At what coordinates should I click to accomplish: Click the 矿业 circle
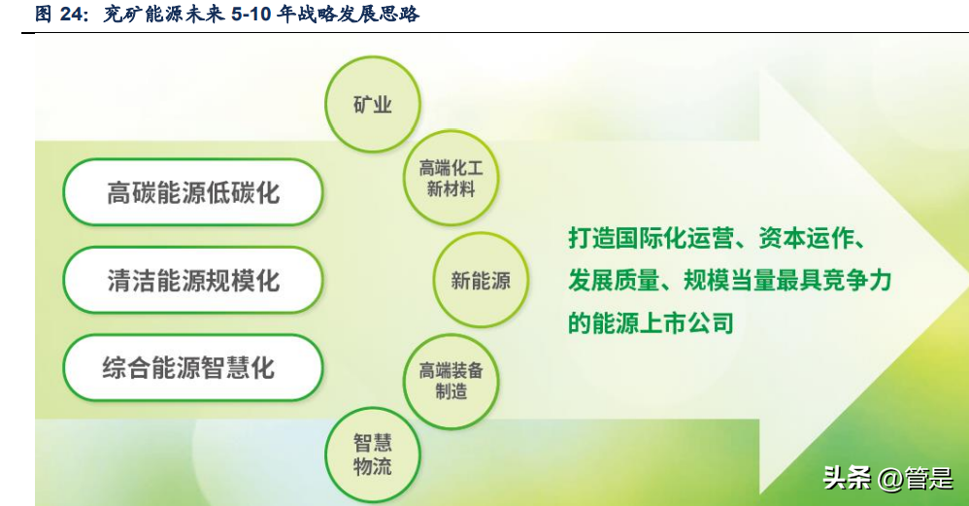click(373, 105)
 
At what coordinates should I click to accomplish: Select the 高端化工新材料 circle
click(451, 178)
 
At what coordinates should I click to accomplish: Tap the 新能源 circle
click(481, 280)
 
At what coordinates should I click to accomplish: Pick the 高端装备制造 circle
click(451, 381)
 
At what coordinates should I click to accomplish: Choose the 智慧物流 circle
click(373, 455)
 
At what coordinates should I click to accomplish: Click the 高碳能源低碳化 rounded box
click(193, 192)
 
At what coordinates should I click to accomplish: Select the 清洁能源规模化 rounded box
click(193, 281)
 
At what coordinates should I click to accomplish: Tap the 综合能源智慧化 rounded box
click(193, 368)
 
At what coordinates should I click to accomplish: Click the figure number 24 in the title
click(72, 13)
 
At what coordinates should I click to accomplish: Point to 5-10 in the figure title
click(251, 13)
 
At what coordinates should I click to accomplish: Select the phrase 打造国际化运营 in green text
click(652, 238)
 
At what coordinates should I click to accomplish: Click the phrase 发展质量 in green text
click(614, 281)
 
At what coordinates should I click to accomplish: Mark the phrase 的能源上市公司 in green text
click(651, 322)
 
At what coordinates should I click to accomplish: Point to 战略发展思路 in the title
click(358, 13)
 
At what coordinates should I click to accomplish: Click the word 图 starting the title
click(44, 13)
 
